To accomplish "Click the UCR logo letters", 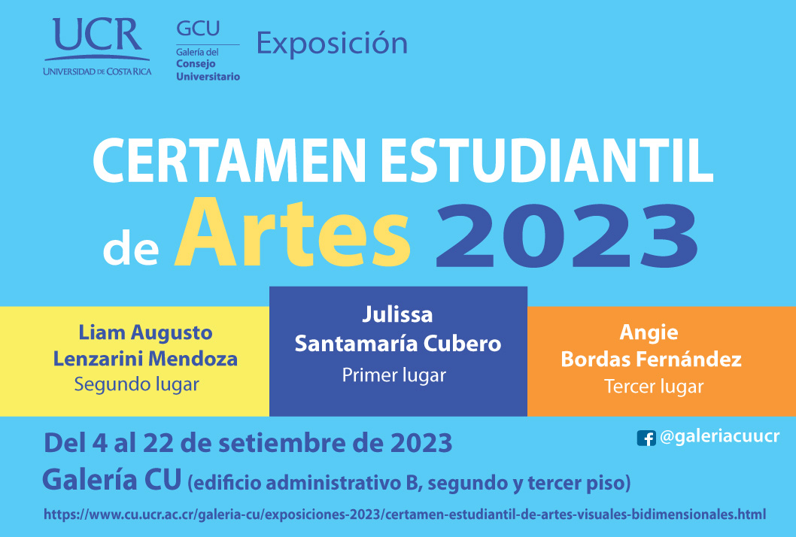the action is click(97, 35).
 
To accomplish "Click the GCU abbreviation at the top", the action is click(198, 29).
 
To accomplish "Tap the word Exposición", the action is click(332, 43).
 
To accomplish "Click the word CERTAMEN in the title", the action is click(229, 160).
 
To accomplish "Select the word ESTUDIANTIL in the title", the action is click(547, 160).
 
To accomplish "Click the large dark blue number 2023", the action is click(567, 235).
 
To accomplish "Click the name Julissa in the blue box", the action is click(397, 314).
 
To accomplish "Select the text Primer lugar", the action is click(394, 375).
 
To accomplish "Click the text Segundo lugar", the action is click(137, 385).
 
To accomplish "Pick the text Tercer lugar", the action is click(654, 387).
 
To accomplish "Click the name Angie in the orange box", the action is click(649, 333).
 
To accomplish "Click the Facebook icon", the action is click(646, 438).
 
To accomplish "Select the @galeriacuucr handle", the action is click(720, 436).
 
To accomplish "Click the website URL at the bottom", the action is click(405, 514).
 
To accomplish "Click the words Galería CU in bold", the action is click(111, 479).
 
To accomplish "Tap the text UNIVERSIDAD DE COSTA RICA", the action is click(98, 71).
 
